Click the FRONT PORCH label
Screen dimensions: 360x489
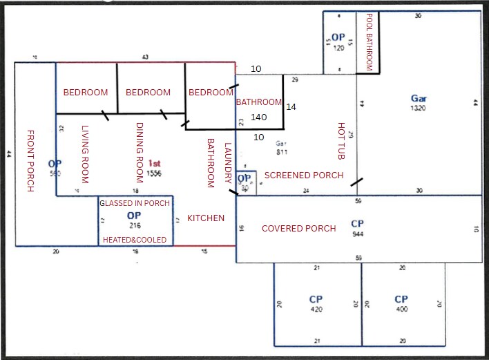[30, 160]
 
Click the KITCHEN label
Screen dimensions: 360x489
[206, 218]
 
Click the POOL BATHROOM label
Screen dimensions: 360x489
[369, 41]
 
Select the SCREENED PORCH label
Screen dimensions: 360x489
[304, 176]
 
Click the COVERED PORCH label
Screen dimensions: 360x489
[299, 229]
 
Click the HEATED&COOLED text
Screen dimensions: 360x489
[134, 240]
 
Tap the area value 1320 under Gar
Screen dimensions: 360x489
[419, 108]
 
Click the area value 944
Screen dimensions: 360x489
[357, 235]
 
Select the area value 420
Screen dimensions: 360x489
[316, 310]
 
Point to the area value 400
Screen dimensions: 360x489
[401, 310]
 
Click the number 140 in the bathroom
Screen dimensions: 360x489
[259, 117]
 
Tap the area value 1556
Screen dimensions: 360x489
[154, 174]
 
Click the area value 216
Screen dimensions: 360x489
[134, 225]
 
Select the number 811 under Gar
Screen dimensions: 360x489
[282, 151]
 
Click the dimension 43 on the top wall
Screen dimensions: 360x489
[145, 57]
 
